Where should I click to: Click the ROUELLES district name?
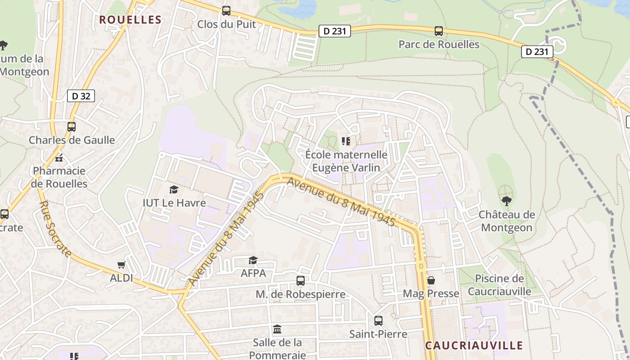click(130, 20)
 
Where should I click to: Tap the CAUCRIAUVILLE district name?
click(474, 346)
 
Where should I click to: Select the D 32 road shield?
click(81, 96)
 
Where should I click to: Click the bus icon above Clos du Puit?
click(226, 11)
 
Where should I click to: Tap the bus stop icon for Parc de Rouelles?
click(439, 31)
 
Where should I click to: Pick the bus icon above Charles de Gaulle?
click(72, 127)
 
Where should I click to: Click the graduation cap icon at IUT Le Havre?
click(174, 190)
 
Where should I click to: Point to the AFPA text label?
click(253, 273)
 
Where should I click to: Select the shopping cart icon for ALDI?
click(121, 265)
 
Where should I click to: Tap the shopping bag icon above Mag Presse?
click(431, 281)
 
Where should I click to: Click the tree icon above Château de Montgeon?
click(506, 201)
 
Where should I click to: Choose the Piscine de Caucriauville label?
click(499, 285)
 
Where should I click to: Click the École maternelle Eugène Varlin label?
click(346, 161)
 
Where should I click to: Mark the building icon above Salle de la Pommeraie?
click(277, 329)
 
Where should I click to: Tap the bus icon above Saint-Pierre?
click(378, 321)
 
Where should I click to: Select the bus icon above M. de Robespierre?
click(301, 281)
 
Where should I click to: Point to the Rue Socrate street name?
click(55, 229)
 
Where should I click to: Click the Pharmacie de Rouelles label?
click(59, 177)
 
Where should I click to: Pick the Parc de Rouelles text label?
click(439, 45)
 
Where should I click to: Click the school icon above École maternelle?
click(346, 141)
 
